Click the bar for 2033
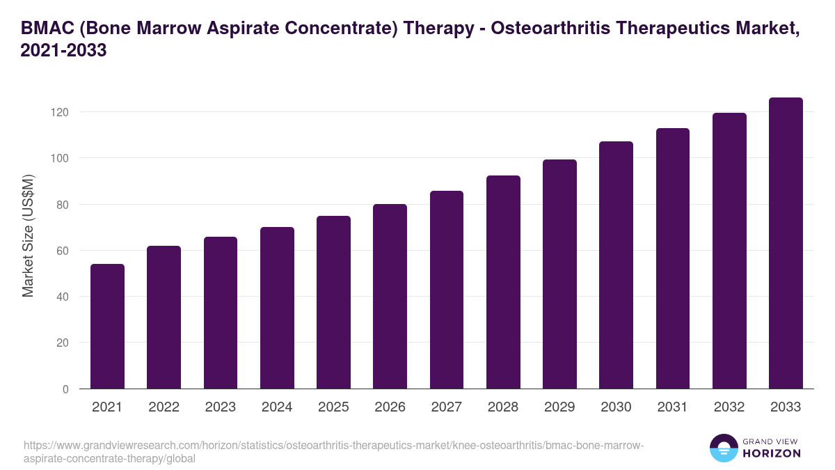coord(786,243)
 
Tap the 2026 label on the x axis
coord(390,407)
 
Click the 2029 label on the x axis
coord(559,407)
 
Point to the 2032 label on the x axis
coord(729,407)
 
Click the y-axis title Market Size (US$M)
coord(28,236)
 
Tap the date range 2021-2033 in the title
coord(64,51)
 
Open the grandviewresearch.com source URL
coord(334,452)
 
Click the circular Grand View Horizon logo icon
coord(724,448)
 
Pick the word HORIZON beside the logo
coord(772,453)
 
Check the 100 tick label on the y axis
coord(59,158)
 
